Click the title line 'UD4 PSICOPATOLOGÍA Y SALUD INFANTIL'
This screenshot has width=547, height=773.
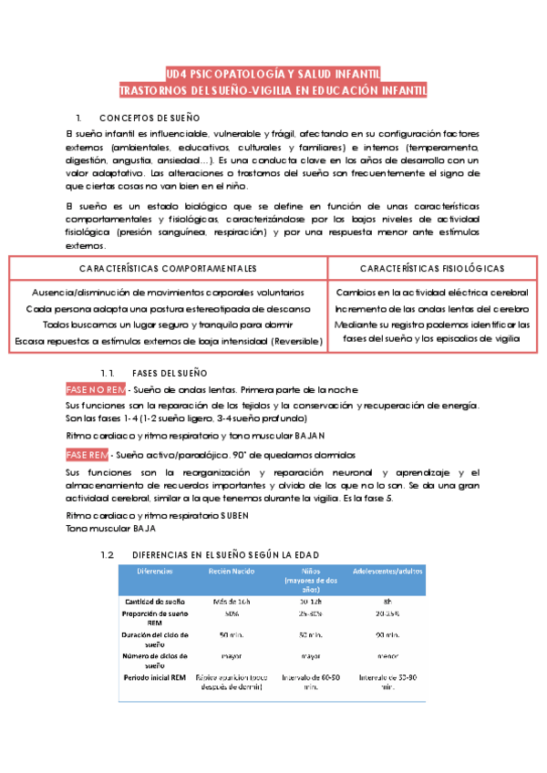[x=273, y=73]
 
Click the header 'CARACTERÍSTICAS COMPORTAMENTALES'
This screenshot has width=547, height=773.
[x=168, y=269]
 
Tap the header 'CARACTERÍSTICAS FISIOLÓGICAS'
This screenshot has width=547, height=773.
[x=432, y=269]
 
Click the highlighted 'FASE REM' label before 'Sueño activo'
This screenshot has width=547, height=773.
[x=86, y=454]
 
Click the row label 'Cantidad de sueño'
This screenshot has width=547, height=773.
[x=155, y=602]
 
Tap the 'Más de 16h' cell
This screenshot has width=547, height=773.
[x=222, y=602]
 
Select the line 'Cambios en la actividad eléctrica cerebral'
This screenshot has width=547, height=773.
[x=432, y=293]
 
